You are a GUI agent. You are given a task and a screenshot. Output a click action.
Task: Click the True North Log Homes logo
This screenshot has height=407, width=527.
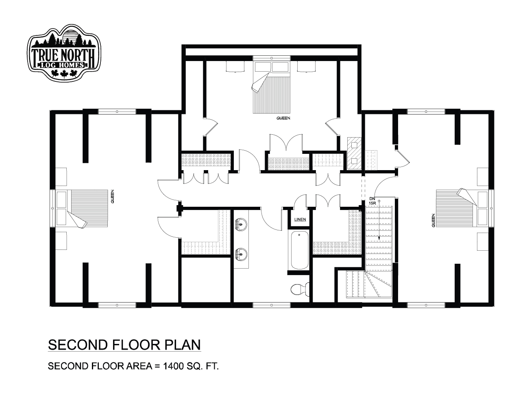64,53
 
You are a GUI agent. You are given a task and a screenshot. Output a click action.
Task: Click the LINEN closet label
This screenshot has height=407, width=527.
300,220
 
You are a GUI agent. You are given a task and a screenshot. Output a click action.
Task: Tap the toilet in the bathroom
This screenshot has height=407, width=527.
300,289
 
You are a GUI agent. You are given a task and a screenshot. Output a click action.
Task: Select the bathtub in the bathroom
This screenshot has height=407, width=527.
300,250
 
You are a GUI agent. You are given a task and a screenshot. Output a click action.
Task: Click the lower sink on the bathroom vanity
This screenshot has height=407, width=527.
241,254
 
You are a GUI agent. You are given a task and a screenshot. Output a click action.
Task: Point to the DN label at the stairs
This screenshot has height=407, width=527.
372,198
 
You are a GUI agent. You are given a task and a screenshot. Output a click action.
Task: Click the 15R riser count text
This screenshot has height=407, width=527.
372,203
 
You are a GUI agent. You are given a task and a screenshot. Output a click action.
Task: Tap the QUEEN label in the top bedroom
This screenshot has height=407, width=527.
283,118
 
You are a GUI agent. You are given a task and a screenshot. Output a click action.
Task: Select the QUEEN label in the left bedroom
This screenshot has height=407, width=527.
112,196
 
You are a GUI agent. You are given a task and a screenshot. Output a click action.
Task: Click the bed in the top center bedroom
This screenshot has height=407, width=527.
271,88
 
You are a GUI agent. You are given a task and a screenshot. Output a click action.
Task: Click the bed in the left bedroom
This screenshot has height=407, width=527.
82,209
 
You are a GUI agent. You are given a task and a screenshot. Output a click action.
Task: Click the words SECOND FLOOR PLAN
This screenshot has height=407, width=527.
124,345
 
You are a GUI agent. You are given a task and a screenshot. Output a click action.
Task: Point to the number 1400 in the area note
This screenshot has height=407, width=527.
173,366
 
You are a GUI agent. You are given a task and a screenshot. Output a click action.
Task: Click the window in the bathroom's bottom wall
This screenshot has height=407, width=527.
272,305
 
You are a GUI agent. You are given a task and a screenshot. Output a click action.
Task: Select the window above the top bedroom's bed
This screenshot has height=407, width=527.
271,58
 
